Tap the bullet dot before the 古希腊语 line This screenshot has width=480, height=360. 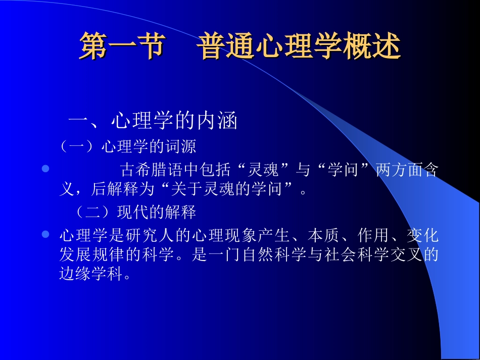[45, 170]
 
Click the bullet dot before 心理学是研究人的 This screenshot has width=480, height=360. [45, 235]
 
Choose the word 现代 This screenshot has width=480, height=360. [132, 212]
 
